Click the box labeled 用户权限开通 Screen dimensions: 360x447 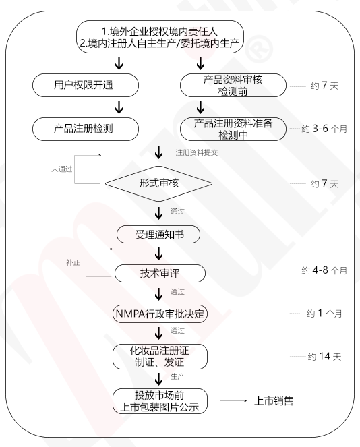[86, 85]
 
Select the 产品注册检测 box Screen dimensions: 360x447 [86, 129]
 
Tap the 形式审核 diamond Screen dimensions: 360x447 [159, 183]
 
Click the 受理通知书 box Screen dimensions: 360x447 [158, 235]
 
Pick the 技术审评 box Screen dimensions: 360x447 [160, 273]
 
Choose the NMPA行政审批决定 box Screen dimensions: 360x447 [160, 314]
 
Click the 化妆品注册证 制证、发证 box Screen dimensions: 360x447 [160, 357]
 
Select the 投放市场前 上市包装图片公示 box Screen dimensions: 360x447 [160, 401]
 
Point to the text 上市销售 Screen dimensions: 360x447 [274, 401]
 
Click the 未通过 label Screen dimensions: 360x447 [62, 169]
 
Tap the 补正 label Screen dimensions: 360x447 [73, 262]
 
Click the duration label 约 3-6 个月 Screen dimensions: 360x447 [324, 129]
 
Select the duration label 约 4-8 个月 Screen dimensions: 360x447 [324, 270]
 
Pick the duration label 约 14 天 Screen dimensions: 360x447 [324, 357]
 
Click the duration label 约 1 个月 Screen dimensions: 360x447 [324, 314]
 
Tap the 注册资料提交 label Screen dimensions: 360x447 [197, 152]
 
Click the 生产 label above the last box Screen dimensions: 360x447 [177, 376]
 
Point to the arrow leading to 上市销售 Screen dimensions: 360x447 [233, 401]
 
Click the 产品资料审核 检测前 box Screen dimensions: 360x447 [233, 85]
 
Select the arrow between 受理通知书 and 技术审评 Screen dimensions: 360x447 [159, 254]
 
